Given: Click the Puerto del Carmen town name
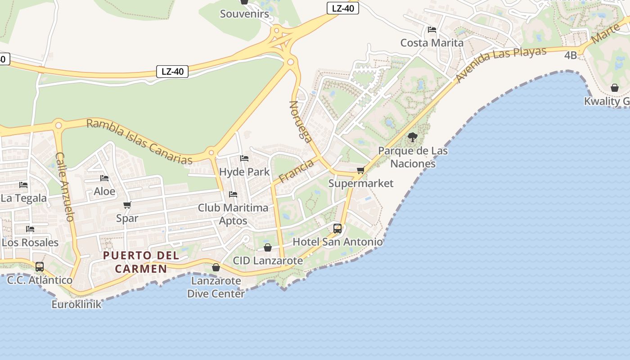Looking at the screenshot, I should pyautogui.click(x=141, y=262).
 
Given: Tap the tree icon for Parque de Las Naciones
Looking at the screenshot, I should pyautogui.click(x=412, y=137).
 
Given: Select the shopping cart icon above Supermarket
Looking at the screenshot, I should pyautogui.click(x=360, y=171).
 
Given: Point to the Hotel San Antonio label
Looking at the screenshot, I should pyautogui.click(x=337, y=242).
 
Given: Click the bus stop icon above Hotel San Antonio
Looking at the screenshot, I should pyautogui.click(x=337, y=229).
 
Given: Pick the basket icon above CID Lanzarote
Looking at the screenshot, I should pyautogui.click(x=268, y=247).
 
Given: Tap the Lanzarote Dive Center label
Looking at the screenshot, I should pyautogui.click(x=216, y=287).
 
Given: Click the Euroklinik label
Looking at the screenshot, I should pyautogui.click(x=76, y=304).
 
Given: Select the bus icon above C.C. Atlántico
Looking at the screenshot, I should pyautogui.click(x=40, y=266).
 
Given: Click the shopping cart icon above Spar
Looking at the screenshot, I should pyautogui.click(x=127, y=205).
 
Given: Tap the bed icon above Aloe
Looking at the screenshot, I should pyautogui.click(x=104, y=178).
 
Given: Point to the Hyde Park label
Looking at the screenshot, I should pyautogui.click(x=244, y=171).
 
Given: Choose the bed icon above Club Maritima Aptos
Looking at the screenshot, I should pyautogui.click(x=233, y=194).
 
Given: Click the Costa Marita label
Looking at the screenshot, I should pyautogui.click(x=432, y=43).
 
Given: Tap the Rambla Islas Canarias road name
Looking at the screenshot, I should pyautogui.click(x=139, y=141).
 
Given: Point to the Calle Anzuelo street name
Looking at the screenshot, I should pyautogui.click(x=64, y=186).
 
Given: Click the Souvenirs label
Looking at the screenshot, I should pyautogui.click(x=244, y=14).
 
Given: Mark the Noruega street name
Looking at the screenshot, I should pyautogui.click(x=301, y=121).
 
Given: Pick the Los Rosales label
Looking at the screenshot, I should pyautogui.click(x=30, y=242).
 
